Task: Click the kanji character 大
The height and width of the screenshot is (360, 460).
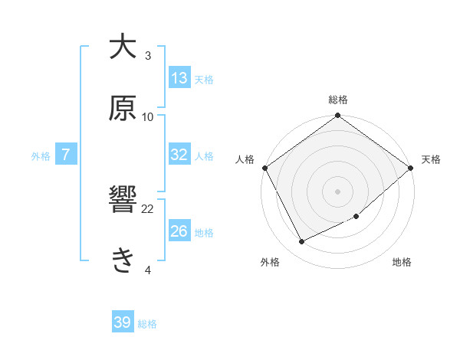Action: point(122,47)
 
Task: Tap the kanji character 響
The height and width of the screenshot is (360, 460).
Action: point(122,201)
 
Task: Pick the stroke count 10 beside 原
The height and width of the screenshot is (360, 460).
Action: point(148,116)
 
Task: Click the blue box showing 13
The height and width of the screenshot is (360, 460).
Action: point(179,77)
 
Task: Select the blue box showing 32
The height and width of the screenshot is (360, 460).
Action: point(179,155)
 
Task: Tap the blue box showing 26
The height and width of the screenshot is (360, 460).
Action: point(179,231)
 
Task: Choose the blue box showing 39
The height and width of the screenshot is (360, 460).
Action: point(123,323)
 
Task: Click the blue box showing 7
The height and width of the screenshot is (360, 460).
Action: point(66,155)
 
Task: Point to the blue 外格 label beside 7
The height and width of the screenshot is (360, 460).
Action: point(41,155)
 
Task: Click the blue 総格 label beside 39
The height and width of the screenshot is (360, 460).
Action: point(147,324)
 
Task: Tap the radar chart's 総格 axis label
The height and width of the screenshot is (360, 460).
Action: point(337,100)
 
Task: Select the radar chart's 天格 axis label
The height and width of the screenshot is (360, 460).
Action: point(431,159)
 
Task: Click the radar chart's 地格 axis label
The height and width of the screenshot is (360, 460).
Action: point(402,263)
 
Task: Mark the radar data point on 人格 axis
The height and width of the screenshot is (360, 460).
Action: point(264,168)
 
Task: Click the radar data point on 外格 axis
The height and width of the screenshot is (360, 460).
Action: point(302,242)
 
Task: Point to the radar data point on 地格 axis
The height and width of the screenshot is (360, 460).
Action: point(356,216)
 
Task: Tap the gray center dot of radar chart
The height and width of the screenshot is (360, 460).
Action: point(337,191)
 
